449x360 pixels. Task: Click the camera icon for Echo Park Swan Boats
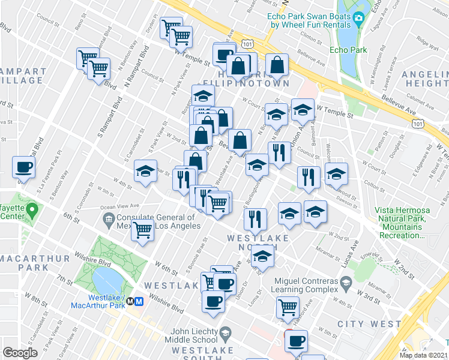pos(360,19)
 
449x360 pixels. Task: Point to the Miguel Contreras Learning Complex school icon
pos(346,282)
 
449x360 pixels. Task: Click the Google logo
pos(20,353)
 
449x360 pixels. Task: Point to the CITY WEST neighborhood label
pos(369,324)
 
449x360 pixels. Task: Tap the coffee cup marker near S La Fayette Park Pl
pos(23,167)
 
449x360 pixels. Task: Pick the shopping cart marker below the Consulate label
pos(142,229)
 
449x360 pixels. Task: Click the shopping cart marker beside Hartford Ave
pos(288,307)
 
